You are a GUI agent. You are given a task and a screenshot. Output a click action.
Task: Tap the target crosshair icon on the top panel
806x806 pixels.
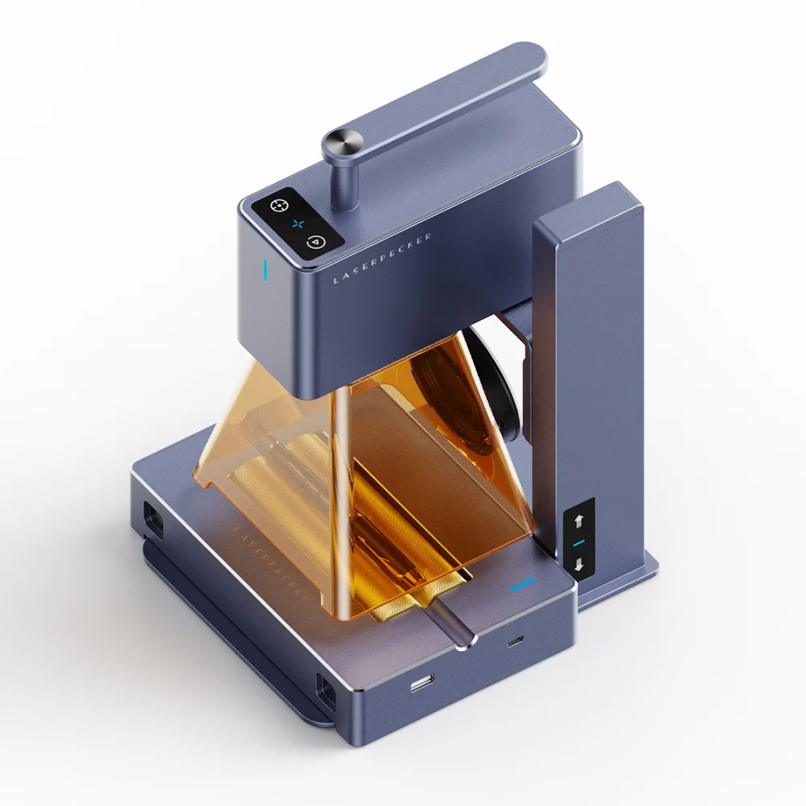(x=278, y=205)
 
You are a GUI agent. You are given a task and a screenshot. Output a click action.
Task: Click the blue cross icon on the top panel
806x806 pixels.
(x=297, y=223)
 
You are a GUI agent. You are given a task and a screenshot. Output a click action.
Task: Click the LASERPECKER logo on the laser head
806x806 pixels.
(x=382, y=258)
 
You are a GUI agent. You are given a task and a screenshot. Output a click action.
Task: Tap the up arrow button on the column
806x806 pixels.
(x=579, y=519)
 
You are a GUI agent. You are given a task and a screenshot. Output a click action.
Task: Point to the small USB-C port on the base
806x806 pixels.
(x=514, y=642)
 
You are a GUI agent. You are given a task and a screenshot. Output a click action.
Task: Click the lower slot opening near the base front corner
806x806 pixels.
(x=326, y=692)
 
